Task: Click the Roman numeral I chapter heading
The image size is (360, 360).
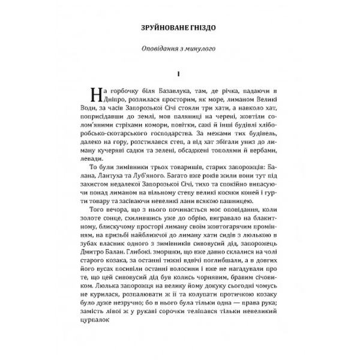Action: (179, 73)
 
